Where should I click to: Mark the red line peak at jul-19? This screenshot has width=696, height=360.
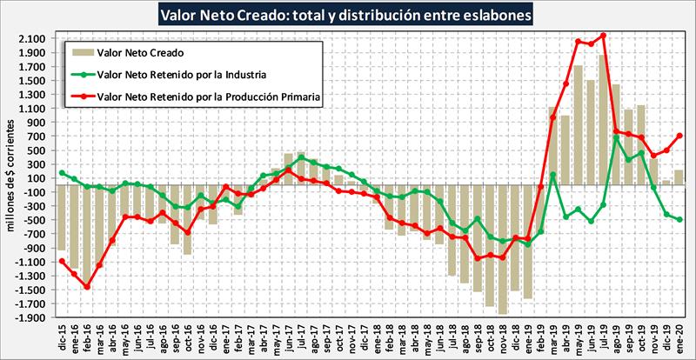click(x=603, y=36)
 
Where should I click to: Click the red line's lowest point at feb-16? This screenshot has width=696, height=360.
click(x=87, y=286)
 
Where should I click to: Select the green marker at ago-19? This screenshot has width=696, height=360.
click(x=616, y=137)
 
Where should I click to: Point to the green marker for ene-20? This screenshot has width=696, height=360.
click(x=679, y=220)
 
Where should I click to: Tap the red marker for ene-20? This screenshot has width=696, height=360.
click(x=679, y=136)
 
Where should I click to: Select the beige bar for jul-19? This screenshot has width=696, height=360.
click(x=603, y=113)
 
